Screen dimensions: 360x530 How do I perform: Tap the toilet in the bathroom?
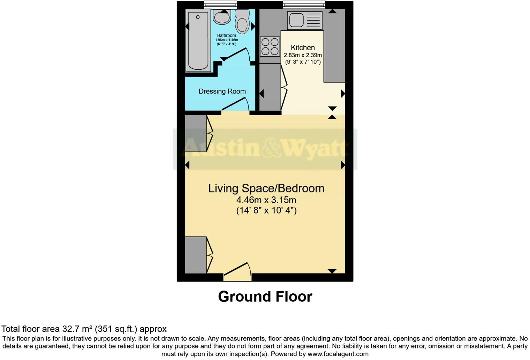point(242,22)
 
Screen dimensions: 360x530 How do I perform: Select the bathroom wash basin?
point(222,17)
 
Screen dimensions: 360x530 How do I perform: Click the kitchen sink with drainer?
point(304,20)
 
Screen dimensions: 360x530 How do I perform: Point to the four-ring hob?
point(270,47)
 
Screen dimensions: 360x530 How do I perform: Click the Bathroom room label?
point(226,35)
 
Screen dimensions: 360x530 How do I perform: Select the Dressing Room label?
point(222,91)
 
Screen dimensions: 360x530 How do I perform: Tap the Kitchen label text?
point(303,48)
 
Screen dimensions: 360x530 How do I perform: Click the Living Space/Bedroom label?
point(266,188)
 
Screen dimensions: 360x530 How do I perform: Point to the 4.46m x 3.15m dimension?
point(266,200)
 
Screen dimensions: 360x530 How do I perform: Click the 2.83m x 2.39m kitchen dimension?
point(303,55)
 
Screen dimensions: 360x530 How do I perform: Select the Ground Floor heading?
point(265,297)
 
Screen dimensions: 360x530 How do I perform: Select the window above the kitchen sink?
point(304,4)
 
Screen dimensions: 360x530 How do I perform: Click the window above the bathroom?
point(220,4)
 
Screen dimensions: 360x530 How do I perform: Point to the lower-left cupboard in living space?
point(196,255)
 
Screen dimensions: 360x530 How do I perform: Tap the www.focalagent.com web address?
point(338,354)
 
